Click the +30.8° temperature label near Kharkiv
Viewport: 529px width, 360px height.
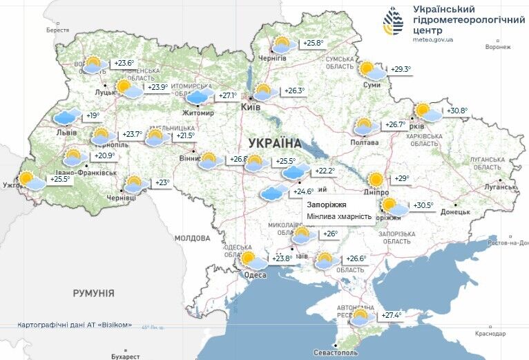point(457,111)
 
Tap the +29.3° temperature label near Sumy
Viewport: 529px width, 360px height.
point(401,69)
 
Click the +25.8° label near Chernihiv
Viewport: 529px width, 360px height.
point(313,44)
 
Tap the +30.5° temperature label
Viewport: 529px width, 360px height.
point(423,205)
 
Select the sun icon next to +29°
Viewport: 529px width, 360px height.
point(376,180)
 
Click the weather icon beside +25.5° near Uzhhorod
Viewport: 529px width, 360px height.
point(30,181)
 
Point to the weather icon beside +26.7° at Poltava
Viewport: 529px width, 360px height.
point(366,126)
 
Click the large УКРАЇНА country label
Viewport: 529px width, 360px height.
point(275,143)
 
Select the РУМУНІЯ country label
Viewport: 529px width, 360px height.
point(93,293)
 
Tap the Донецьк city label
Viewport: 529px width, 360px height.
point(455,212)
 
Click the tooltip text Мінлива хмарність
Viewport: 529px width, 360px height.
point(338,217)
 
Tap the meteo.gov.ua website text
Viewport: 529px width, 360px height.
point(433,40)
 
